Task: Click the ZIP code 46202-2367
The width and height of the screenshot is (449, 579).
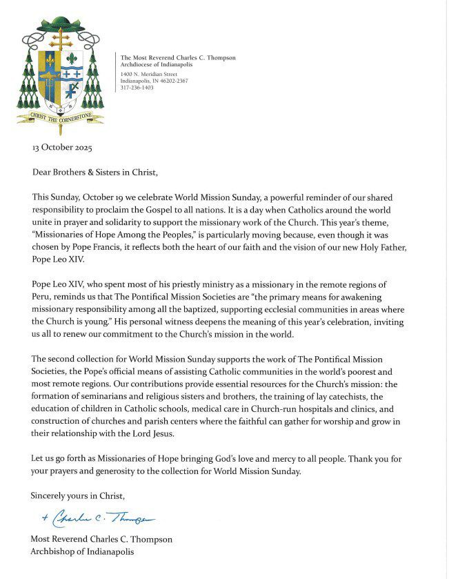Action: point(181,80)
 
